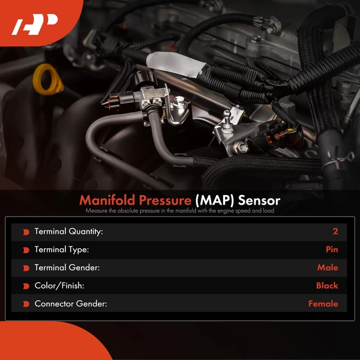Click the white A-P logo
tap(34, 25)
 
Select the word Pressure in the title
tap(165, 200)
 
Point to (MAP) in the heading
tap(215, 200)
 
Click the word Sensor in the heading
tap(259, 200)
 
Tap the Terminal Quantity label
tap(68, 232)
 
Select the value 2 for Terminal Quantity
tap(335, 232)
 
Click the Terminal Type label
tap(62, 250)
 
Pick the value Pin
tap(332, 250)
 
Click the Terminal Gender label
tap(67, 268)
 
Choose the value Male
tap(328, 268)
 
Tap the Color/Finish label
tap(59, 286)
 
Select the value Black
tap(327, 286)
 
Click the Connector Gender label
tap(71, 304)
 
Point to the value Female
tap(323, 304)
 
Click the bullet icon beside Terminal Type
tap(26, 250)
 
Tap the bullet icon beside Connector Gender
tap(26, 304)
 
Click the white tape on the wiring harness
tap(176, 64)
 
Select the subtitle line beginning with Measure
tap(180, 211)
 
